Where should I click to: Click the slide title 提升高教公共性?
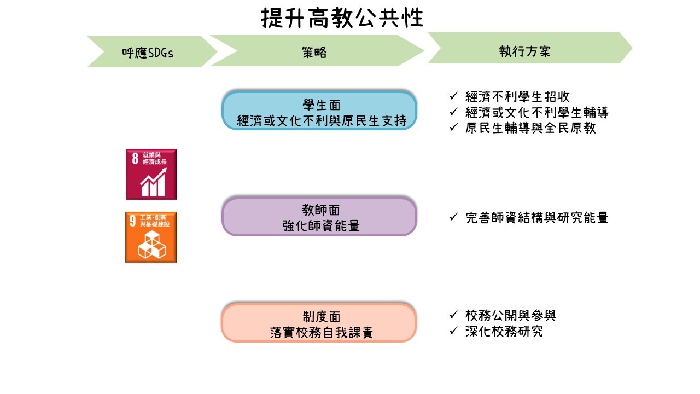click(342, 18)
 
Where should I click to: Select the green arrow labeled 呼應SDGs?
click(151, 53)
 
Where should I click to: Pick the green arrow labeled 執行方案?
click(525, 51)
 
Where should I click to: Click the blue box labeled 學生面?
click(319, 111)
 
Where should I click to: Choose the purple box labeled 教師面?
click(319, 217)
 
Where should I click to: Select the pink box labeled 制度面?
click(319, 323)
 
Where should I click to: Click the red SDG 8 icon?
click(151, 174)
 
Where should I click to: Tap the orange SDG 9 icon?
click(151, 237)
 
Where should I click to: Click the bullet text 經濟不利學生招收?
click(517, 97)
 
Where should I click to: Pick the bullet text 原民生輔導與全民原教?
click(530, 128)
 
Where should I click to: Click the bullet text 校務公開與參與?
click(511, 315)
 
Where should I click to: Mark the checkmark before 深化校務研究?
click(453, 331)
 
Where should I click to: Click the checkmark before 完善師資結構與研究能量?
click(453, 217)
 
